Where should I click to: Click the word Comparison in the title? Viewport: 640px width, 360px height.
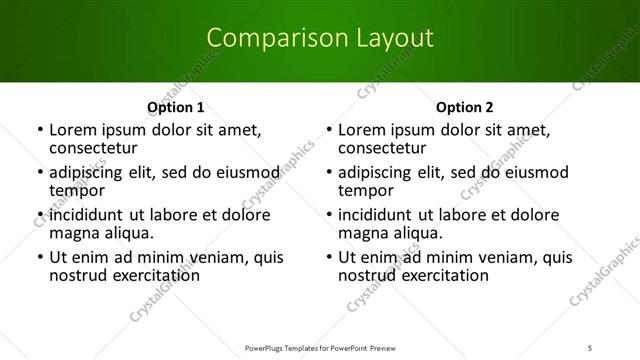pos(265,39)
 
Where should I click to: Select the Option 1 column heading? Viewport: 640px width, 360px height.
pos(175,107)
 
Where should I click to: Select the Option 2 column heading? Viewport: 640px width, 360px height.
pos(465,107)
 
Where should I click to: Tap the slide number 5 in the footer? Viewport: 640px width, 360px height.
pos(619,347)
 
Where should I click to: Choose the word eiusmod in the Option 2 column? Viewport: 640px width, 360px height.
pos(533,172)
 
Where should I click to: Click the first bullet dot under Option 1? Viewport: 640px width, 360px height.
pos(39,131)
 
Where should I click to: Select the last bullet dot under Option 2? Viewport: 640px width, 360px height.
pos(329,258)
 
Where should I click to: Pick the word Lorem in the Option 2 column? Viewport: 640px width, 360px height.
pos(361,130)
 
